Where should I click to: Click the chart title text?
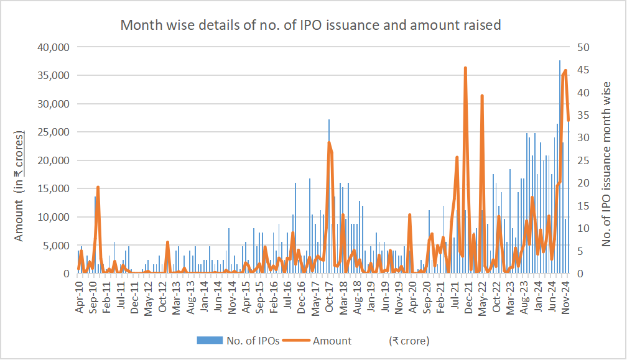coord(310,25)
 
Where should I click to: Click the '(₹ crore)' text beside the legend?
coord(409,341)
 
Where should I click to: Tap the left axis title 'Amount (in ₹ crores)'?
coord(19,186)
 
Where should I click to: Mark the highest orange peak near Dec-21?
coord(465,68)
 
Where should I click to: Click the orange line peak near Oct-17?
coord(329,143)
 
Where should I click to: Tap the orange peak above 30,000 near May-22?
coord(482,96)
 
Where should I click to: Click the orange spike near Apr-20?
coord(409,215)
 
